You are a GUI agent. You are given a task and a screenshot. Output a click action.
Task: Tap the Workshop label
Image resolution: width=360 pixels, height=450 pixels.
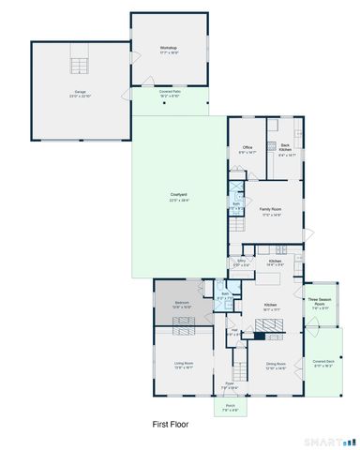click(169, 47)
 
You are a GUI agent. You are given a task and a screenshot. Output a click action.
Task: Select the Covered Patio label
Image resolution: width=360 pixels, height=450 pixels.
click(169, 93)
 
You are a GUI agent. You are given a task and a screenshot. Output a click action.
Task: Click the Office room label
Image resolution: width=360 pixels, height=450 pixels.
click(248, 147)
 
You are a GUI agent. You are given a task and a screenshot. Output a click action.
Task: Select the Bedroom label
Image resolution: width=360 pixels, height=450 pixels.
click(183, 303)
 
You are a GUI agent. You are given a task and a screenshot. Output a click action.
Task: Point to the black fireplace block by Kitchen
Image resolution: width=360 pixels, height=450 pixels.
click(259, 333)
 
